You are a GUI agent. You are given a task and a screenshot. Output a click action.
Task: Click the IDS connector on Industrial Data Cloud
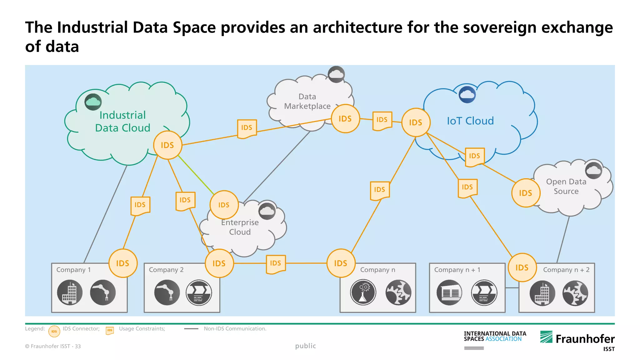pos(167,145)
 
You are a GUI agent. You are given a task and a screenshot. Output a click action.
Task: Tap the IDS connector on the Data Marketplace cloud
pos(345,119)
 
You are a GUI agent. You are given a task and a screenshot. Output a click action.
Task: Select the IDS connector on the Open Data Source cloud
pos(526,193)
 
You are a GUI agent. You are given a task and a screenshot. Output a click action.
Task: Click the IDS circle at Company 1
pos(122,263)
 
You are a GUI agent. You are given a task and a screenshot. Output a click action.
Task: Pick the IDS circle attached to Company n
pos(341,263)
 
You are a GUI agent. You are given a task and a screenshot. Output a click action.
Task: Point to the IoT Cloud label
pos(470,121)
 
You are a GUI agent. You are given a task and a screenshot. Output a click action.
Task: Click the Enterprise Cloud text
pos(240,227)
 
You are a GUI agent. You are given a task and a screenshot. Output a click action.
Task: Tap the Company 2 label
pos(166,270)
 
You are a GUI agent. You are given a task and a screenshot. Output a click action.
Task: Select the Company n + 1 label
pos(457,270)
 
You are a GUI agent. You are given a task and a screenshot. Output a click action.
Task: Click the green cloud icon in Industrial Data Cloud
pos(93,102)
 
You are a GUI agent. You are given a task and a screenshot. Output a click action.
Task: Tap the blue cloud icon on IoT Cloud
pos(467,94)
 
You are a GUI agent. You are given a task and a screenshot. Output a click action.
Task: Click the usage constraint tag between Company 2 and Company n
pos(276,263)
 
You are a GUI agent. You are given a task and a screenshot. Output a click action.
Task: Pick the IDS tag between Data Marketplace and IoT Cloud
pos(382,120)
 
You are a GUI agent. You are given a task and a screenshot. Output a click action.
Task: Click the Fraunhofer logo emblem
pos(546,337)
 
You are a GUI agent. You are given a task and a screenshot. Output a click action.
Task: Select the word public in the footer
pos(305,346)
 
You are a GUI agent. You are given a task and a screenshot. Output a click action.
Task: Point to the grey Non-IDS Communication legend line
pos(191,329)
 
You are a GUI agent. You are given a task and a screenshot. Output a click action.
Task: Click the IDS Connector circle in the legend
pos(54,331)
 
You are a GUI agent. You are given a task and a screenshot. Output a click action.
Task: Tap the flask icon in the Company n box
pos(363,292)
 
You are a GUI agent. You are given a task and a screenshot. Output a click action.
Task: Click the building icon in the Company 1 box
pos(70,292)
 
